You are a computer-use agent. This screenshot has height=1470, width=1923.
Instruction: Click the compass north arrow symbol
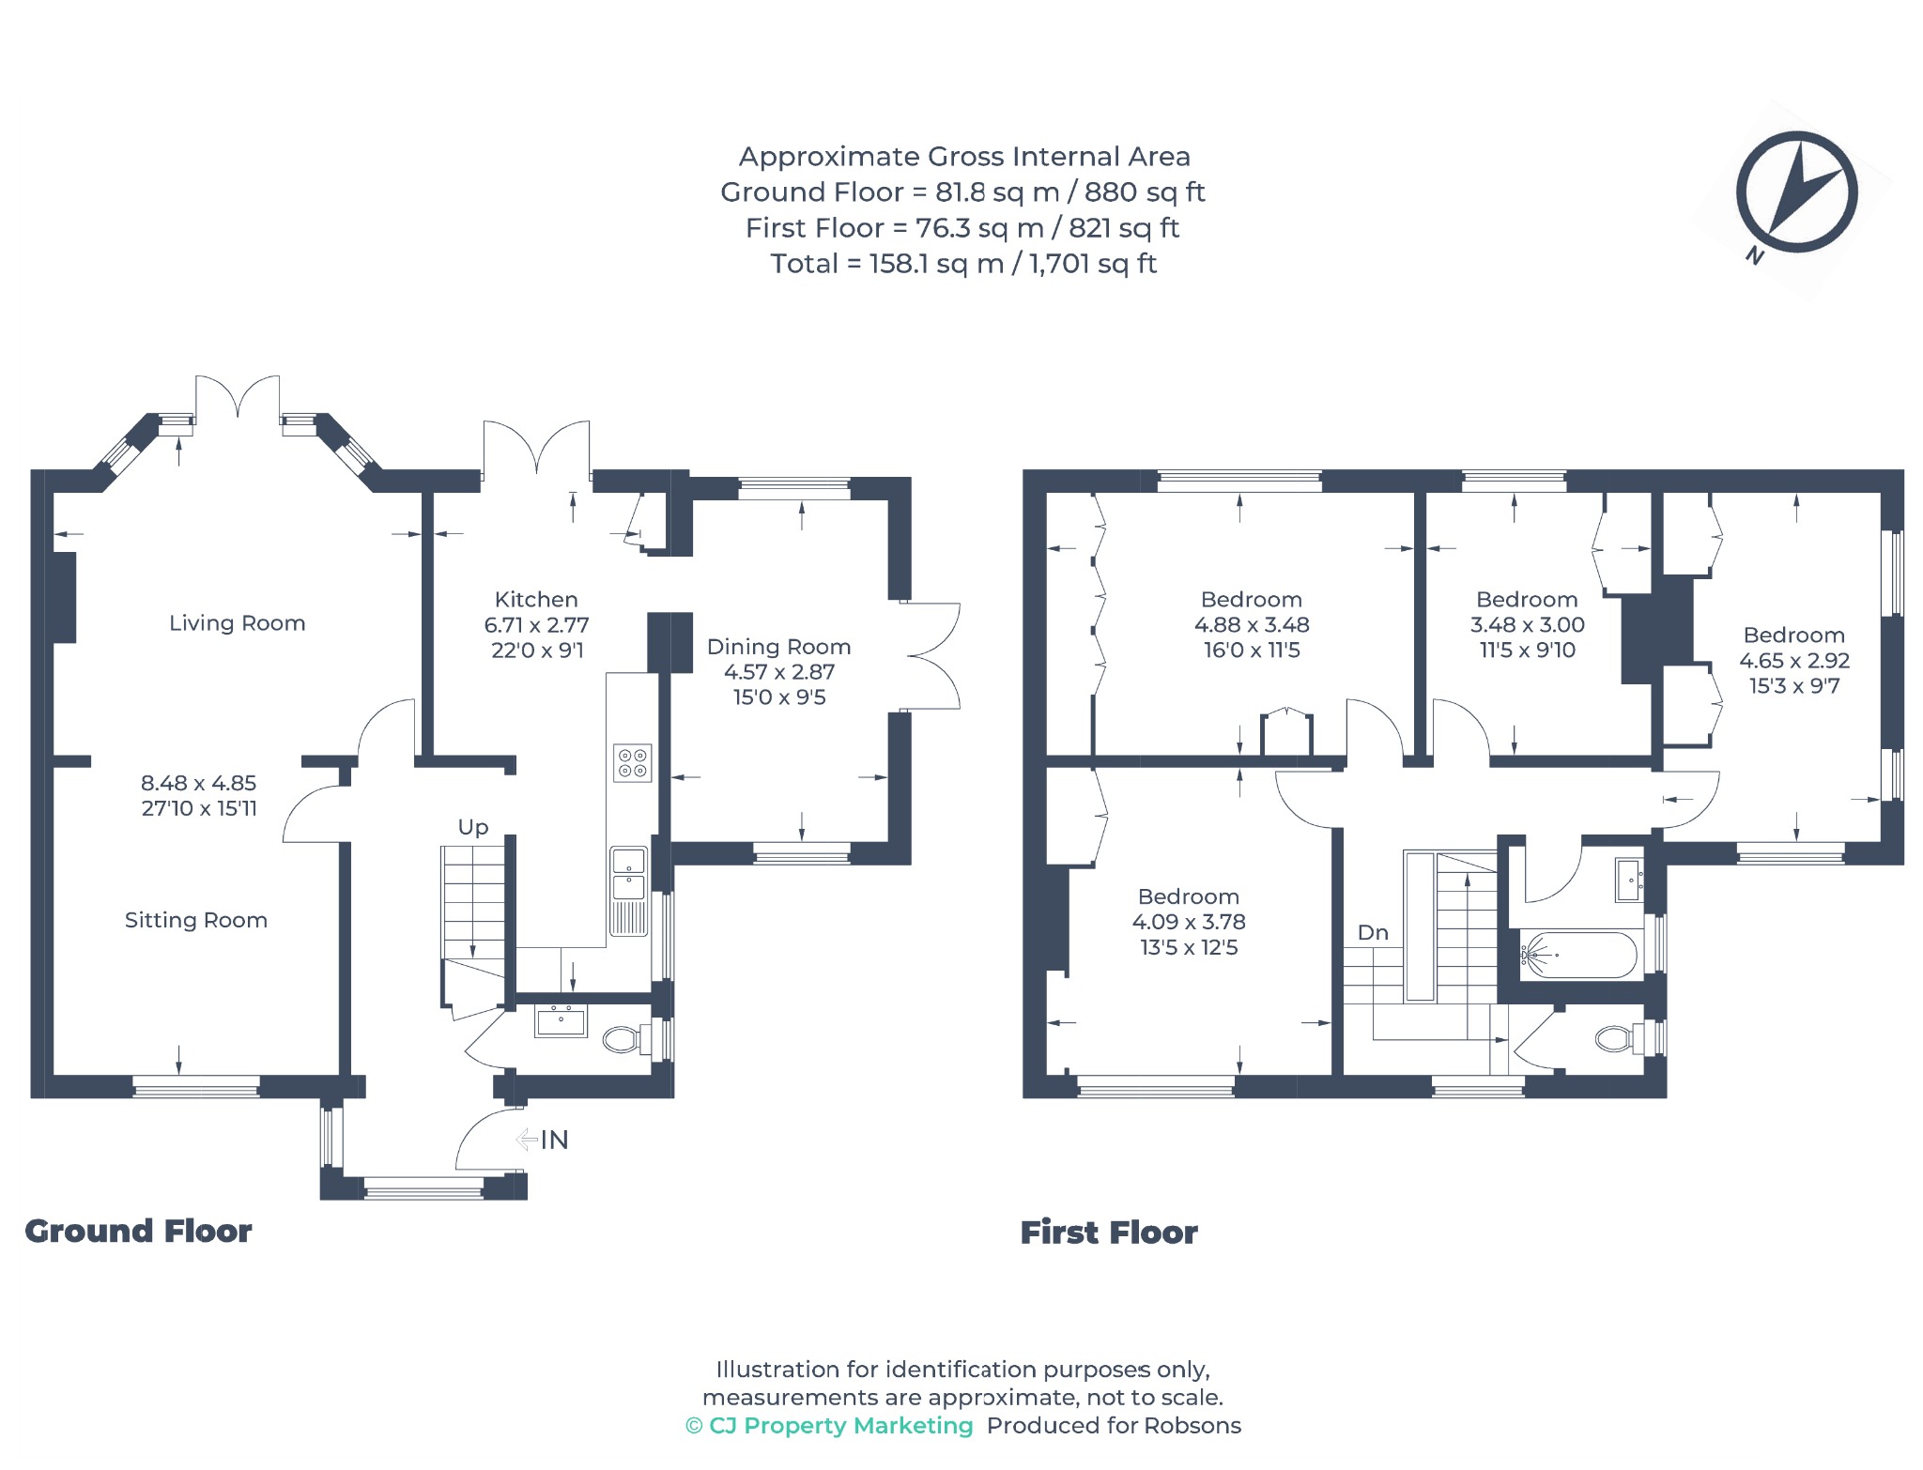click(1796, 192)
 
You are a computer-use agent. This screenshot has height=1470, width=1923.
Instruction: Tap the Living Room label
click(238, 623)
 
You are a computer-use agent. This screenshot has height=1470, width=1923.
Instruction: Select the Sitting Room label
click(196, 920)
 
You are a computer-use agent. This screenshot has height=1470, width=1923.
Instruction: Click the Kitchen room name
click(536, 600)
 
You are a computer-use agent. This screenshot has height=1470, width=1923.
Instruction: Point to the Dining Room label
click(779, 647)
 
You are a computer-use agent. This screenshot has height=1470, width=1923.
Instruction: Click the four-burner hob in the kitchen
click(632, 763)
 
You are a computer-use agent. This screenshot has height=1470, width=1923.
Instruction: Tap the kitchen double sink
click(628, 891)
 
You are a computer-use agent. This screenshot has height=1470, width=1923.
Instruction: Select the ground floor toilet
click(622, 1039)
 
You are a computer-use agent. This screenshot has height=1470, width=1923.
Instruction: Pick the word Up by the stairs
click(473, 827)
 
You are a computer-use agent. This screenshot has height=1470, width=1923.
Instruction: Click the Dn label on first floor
click(1373, 932)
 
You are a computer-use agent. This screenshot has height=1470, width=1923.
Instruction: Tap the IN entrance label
click(554, 1140)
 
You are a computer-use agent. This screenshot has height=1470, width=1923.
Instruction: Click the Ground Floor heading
click(138, 1231)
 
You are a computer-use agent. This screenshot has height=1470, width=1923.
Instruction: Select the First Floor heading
click(1109, 1233)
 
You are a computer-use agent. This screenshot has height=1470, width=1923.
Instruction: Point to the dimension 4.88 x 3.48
click(1252, 625)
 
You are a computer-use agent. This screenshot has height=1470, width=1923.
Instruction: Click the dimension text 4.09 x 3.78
click(1189, 922)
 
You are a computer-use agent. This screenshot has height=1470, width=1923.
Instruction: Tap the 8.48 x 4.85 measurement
click(199, 783)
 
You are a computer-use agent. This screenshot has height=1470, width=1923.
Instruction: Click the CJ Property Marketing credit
click(830, 1425)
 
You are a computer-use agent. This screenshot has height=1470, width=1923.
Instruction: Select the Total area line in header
click(963, 264)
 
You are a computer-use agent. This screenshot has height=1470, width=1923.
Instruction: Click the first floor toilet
click(1616, 1038)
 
